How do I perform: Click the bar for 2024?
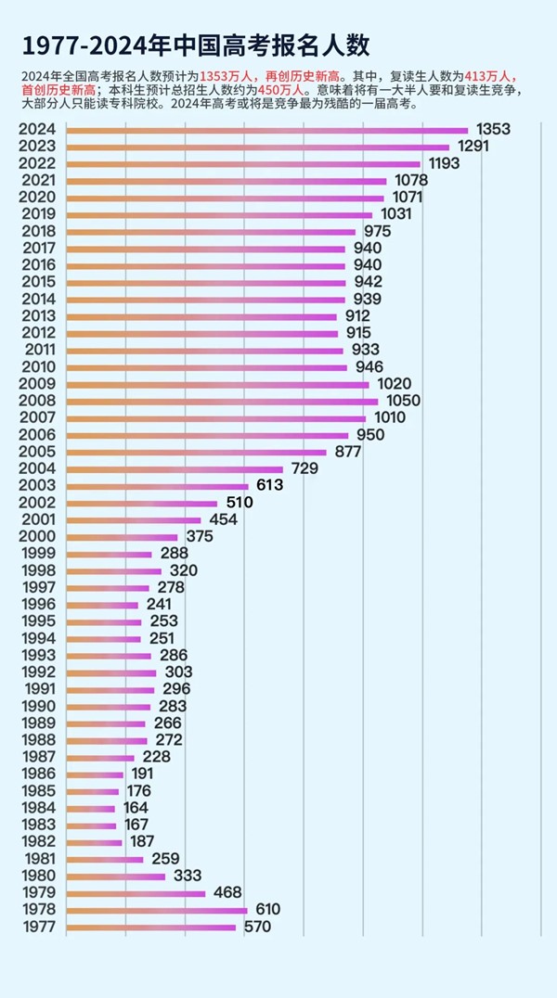pos(267,131)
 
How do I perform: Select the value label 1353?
pos(493,129)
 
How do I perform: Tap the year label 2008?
pos(37,401)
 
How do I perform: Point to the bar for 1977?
pos(151,927)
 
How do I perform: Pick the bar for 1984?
pos(91,808)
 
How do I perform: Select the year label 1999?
pos(37,553)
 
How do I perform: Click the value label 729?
pos(304,468)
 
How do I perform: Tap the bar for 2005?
pos(197,452)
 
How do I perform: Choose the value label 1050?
pos(404,401)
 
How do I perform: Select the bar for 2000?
pos(122,537)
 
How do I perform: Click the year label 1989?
pos(37,723)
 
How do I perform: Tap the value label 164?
pos(136,807)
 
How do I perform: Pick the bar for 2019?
pos(219,214)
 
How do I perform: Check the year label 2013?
pos(37,316)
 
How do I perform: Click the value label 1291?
pos(474,147)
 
